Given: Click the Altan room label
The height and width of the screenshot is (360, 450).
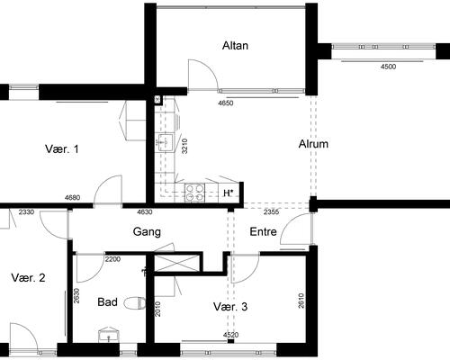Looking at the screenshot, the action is pyautogui.click(x=235, y=46).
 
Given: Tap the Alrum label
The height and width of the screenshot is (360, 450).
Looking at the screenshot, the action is pyautogui.click(x=313, y=144).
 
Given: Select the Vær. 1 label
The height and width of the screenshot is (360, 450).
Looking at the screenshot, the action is pyautogui.click(x=62, y=148).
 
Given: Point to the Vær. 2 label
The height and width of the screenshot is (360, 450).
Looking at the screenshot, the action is pyautogui.click(x=28, y=278).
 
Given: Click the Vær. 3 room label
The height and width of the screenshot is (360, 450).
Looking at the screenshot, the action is pyautogui.click(x=230, y=307).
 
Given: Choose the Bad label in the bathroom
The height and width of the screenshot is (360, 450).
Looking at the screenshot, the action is pyautogui.click(x=107, y=301).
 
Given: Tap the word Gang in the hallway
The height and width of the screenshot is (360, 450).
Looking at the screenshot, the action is pyautogui.click(x=147, y=232).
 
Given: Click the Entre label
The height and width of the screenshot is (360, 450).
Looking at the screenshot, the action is pyautogui.click(x=263, y=232).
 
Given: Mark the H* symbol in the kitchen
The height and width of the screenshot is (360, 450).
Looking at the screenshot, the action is pyautogui.click(x=229, y=193).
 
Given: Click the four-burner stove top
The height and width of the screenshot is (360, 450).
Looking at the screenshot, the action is pyautogui.click(x=194, y=193).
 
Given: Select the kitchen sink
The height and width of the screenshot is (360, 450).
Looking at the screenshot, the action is pyautogui.click(x=164, y=142).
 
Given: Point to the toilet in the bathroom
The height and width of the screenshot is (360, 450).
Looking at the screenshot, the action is pyautogui.click(x=135, y=303).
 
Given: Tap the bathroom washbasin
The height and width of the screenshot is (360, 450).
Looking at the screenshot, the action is pyautogui.click(x=109, y=335).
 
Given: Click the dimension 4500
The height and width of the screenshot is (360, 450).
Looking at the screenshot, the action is pyautogui.click(x=388, y=67).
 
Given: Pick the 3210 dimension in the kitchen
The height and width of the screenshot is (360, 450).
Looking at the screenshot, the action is pyautogui.click(x=184, y=146).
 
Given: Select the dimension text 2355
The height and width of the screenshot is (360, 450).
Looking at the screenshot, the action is pyautogui.click(x=271, y=212).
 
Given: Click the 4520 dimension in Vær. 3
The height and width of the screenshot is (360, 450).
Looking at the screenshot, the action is pyautogui.click(x=230, y=335).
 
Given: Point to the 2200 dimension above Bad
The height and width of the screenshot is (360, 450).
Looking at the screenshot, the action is pyautogui.click(x=112, y=259).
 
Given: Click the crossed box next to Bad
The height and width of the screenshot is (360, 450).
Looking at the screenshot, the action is pyautogui.click(x=176, y=263).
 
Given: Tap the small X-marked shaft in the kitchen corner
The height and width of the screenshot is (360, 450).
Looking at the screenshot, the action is pyautogui.click(x=157, y=100).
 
